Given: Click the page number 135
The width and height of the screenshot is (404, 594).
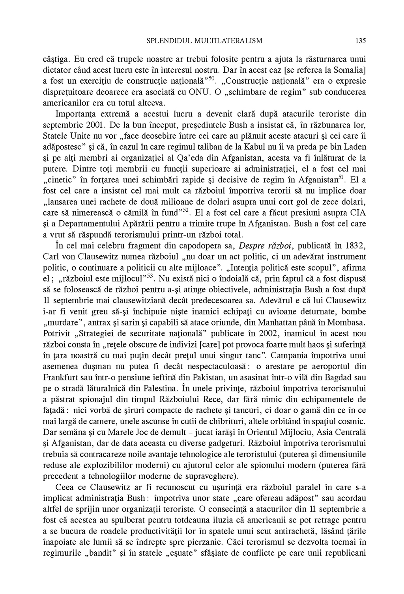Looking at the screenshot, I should (361, 40).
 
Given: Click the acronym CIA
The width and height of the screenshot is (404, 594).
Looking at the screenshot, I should (357, 213).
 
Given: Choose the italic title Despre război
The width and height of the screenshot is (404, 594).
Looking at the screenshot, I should (266, 246).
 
